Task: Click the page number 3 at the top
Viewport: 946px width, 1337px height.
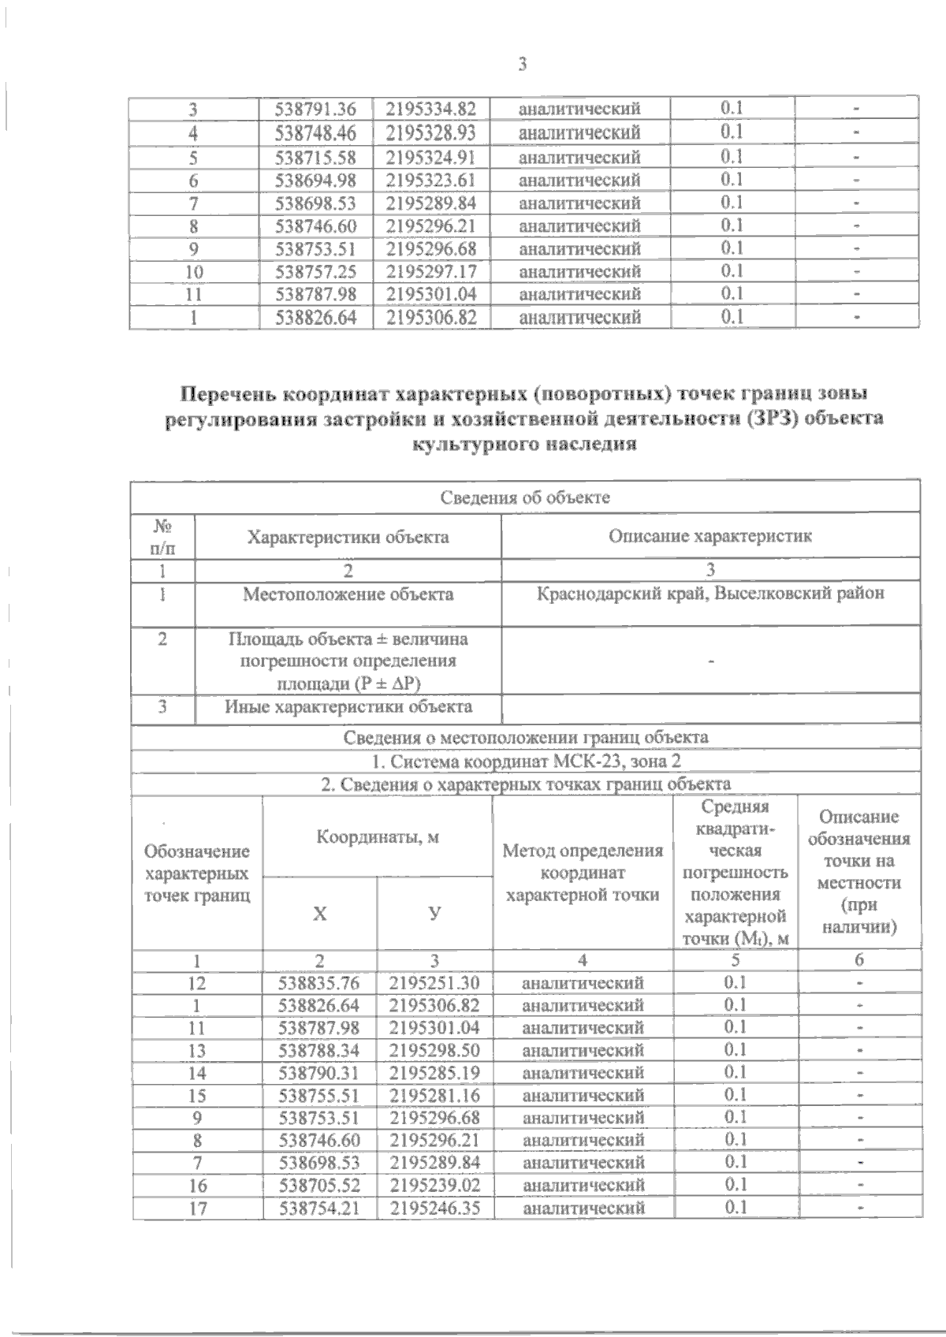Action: click(522, 65)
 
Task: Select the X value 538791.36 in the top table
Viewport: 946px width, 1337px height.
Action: click(315, 109)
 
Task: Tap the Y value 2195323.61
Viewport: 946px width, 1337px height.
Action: click(431, 180)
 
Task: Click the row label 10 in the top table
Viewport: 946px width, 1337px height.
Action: click(193, 272)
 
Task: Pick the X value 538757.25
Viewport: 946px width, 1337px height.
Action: click(315, 272)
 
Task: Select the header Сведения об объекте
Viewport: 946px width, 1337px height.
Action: click(525, 497)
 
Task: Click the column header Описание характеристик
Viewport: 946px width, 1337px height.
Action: click(709, 536)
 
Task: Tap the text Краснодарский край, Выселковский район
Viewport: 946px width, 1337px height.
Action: click(709, 594)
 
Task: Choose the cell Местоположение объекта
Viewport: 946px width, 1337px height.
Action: click(348, 594)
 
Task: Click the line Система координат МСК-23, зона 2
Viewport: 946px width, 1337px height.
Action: click(525, 762)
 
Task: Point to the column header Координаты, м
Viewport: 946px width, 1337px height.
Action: click(378, 837)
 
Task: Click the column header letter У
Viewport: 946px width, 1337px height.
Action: click(434, 913)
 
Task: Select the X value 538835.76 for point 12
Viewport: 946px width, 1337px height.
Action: click(318, 983)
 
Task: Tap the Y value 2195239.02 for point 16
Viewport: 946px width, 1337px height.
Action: click(434, 1185)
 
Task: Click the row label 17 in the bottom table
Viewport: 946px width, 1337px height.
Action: click(197, 1208)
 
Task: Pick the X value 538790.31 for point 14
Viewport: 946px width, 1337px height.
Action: click(318, 1073)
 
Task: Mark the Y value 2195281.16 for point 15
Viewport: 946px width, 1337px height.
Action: click(434, 1095)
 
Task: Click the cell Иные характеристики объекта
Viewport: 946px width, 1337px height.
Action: click(348, 707)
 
